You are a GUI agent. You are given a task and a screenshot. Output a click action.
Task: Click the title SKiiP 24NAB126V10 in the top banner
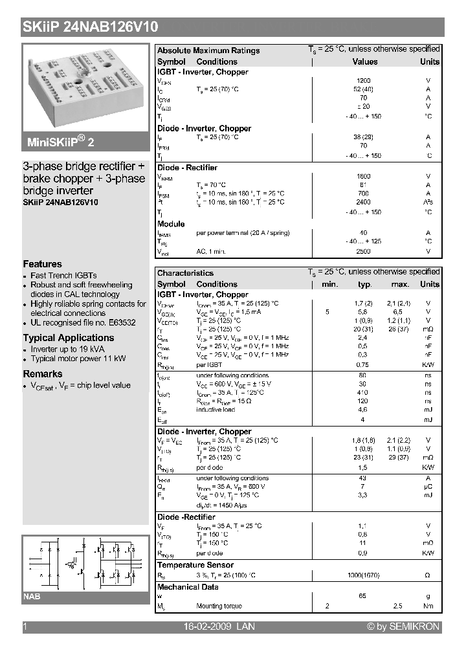click(90, 27)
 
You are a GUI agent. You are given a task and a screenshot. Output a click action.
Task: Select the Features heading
click(43, 264)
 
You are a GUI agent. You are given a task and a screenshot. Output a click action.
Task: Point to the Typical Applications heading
click(69, 338)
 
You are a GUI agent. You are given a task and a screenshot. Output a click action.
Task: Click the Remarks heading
click(43, 374)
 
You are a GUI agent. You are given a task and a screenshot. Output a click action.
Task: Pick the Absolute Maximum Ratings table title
click(208, 50)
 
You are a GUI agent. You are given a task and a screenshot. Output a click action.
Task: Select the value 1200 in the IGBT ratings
click(364, 81)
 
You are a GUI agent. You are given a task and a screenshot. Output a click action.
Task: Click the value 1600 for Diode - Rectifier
click(364, 176)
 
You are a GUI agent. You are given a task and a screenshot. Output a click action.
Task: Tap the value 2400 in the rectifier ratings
click(364, 202)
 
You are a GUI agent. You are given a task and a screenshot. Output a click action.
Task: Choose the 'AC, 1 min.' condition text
click(211, 250)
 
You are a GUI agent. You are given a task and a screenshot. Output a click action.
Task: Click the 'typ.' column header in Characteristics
click(365, 284)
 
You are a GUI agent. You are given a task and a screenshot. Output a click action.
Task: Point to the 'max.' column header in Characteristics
click(400, 284)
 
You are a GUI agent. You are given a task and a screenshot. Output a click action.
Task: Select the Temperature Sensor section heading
click(195, 565)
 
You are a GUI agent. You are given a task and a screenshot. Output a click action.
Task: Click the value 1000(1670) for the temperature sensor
click(364, 575)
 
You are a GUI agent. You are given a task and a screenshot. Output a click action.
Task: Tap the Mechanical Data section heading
click(188, 587)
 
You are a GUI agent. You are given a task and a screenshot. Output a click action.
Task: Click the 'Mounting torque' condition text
click(219, 606)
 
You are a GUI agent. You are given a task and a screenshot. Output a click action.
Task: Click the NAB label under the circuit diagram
click(32, 596)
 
